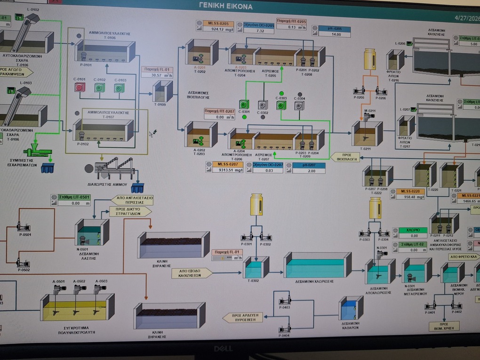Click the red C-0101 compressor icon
click(x=80, y=88)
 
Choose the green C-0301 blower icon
click(x=243, y=104)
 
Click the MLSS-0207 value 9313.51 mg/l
click(x=227, y=170)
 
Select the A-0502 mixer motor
click(x=78, y=287)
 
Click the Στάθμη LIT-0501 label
click(x=71, y=197)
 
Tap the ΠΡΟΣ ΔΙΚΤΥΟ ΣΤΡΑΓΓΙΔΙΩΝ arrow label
click(x=130, y=211)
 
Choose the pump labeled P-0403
click(x=284, y=301)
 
